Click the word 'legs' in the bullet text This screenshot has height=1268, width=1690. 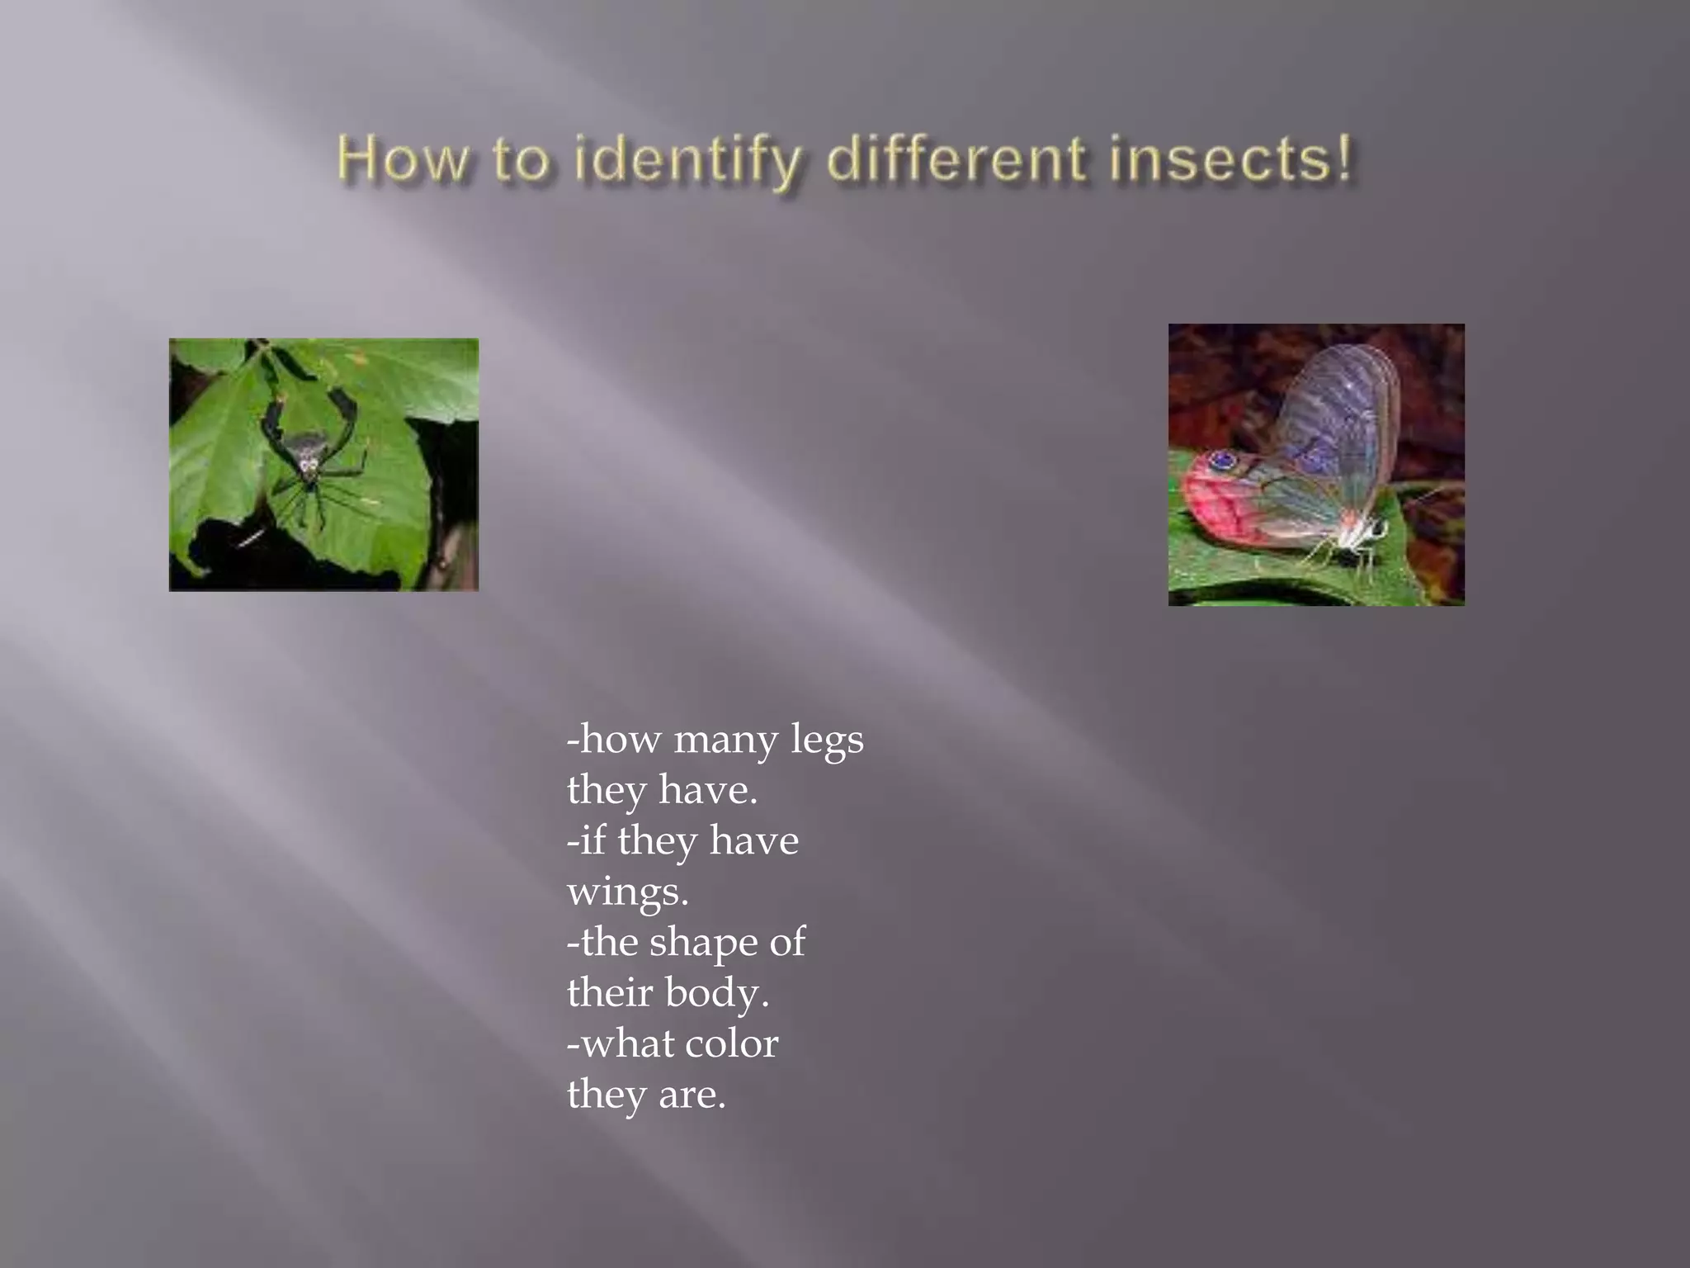(827, 740)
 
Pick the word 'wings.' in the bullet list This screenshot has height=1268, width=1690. (627, 892)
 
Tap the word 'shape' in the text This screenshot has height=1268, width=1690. (703, 943)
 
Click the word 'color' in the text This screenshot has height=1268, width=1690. (731, 1043)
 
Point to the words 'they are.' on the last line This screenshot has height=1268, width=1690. (646, 1095)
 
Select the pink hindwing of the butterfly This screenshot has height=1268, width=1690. (1230, 512)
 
